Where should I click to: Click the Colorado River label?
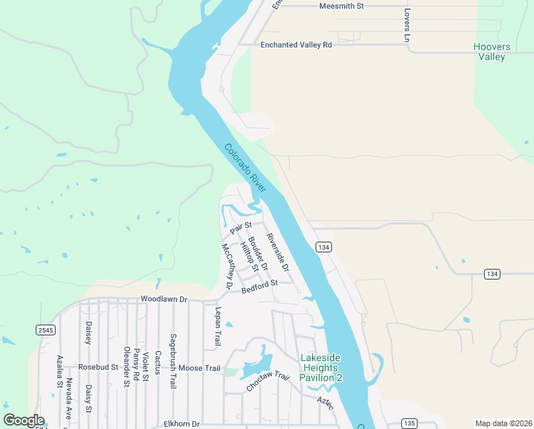[x=245, y=168]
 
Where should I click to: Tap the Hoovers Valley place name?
[x=492, y=51]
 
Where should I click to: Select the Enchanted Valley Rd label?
[x=296, y=44]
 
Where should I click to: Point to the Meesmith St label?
[x=341, y=6]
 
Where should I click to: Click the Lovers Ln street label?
[x=407, y=26]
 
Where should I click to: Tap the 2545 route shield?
[x=46, y=330]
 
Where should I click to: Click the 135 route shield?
[x=408, y=423]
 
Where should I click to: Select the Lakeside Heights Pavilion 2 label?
[x=321, y=368]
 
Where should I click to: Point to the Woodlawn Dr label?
[x=163, y=299]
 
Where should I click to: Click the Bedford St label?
[x=259, y=287]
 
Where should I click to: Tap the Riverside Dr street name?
[x=278, y=252]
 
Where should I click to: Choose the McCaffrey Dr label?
[x=228, y=266]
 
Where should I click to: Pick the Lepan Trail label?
[x=217, y=327]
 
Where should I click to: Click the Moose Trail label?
[x=199, y=368]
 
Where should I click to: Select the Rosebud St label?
[x=98, y=367]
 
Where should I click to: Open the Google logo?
[x=24, y=421]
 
